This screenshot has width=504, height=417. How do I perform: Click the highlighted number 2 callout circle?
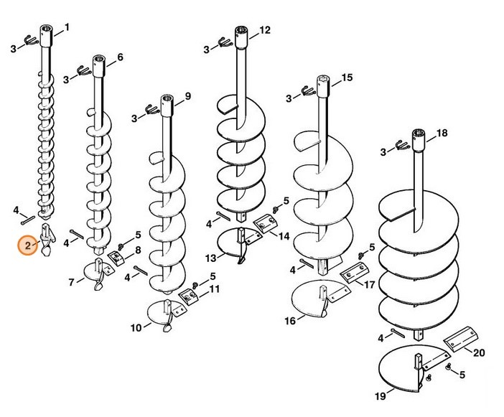pos(28,245)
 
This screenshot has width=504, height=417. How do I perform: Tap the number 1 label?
pos(67,27)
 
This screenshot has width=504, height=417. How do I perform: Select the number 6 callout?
pos(120,57)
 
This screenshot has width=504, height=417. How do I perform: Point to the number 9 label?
pos(188,95)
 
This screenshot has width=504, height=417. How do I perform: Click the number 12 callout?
pos(265,30)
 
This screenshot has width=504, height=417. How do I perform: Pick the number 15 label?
pos(347,78)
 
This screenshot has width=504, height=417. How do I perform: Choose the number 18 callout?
pos(442,133)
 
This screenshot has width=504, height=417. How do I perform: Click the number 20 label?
pos(479,352)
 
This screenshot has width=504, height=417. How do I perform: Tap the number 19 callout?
pos(381,396)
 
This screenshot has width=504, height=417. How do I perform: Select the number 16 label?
pos(290,321)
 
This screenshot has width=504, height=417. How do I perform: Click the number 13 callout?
pos(211,258)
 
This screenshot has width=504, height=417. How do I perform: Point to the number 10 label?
pos(136,328)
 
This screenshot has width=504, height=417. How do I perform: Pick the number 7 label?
pos(71,282)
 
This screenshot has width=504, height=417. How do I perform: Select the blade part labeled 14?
pos(266,223)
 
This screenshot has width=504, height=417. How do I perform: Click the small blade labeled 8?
pos(116,258)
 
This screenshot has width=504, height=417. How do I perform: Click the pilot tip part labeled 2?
pos(47,239)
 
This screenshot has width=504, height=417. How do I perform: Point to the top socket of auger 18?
pos(419,140)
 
